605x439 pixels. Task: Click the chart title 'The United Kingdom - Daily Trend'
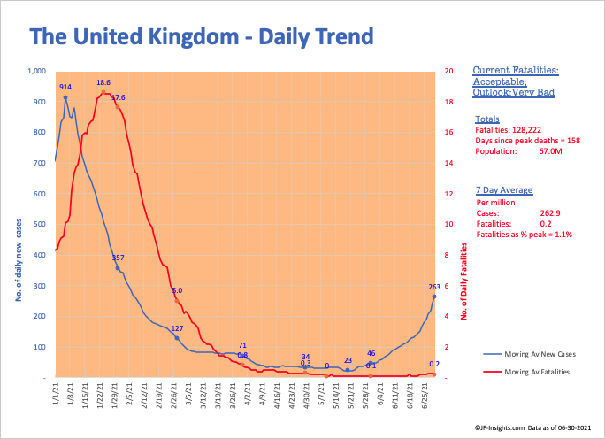click(202, 36)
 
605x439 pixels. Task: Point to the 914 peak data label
click(65, 88)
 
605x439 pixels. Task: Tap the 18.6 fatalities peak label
click(103, 82)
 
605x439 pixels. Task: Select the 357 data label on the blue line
click(118, 258)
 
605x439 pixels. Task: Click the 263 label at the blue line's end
click(433, 287)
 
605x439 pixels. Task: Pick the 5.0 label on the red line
click(177, 290)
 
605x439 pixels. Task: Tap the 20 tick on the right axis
click(449, 71)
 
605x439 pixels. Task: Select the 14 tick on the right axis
click(449, 163)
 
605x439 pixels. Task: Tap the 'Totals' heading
click(486, 119)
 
